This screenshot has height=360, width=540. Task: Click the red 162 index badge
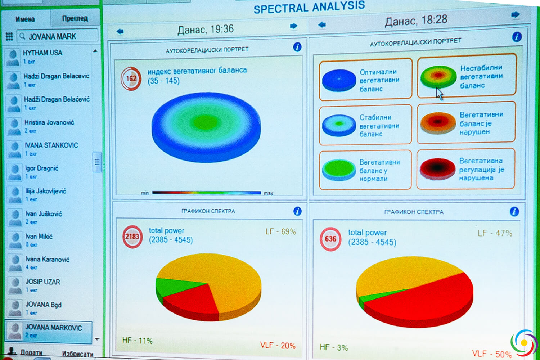point(131,78)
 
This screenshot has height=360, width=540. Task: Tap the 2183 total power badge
point(132,237)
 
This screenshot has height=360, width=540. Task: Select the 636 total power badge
point(330,239)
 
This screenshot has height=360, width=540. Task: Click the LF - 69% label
point(280,231)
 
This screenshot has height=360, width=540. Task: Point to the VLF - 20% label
point(278,345)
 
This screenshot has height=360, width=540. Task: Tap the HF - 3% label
point(334,347)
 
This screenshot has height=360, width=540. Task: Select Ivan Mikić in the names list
point(39,237)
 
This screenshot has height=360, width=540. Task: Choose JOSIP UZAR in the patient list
point(42,282)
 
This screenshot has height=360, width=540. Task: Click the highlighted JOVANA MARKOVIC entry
point(53,328)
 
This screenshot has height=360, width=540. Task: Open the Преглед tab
point(75,18)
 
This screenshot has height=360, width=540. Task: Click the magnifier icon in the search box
point(22,36)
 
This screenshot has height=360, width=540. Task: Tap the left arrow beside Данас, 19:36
point(120,32)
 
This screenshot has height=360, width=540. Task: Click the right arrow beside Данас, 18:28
point(516,14)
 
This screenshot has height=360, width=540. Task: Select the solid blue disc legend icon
point(339,80)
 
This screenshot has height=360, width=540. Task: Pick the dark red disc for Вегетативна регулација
point(437,168)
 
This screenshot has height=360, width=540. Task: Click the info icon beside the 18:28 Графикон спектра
point(514,212)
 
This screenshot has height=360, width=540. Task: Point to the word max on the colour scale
point(269,193)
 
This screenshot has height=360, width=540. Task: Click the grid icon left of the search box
point(9,36)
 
